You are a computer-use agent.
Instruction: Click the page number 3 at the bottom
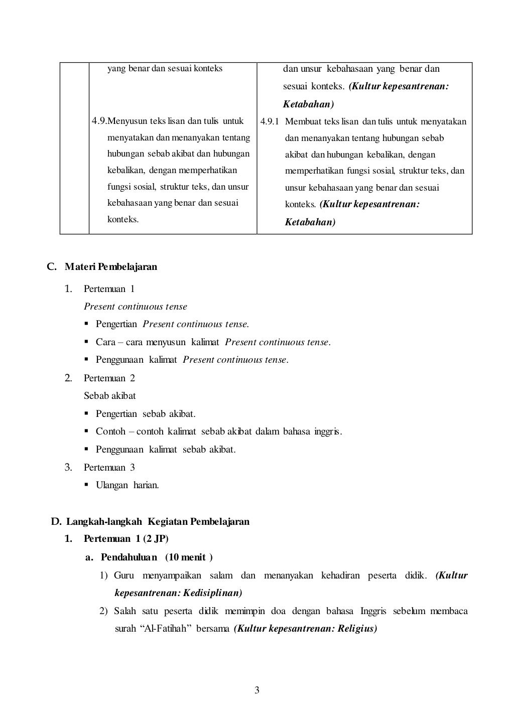[x=257, y=690]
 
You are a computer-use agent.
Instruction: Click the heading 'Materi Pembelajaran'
[x=111, y=266]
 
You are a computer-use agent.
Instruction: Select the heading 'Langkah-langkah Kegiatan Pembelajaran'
[x=158, y=521]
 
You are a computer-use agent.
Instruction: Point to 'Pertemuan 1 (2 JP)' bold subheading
[x=126, y=539]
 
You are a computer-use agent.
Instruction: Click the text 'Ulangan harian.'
[x=127, y=485]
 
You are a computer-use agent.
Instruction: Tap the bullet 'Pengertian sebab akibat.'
[x=146, y=414]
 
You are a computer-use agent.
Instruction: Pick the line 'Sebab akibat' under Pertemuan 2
[x=109, y=396]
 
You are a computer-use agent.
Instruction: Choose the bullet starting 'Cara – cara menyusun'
[x=213, y=342]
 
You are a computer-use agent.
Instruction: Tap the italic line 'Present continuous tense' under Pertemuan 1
[x=136, y=307]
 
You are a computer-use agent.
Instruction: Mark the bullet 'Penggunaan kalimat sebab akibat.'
[x=166, y=449]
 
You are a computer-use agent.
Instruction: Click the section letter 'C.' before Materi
[x=52, y=266]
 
